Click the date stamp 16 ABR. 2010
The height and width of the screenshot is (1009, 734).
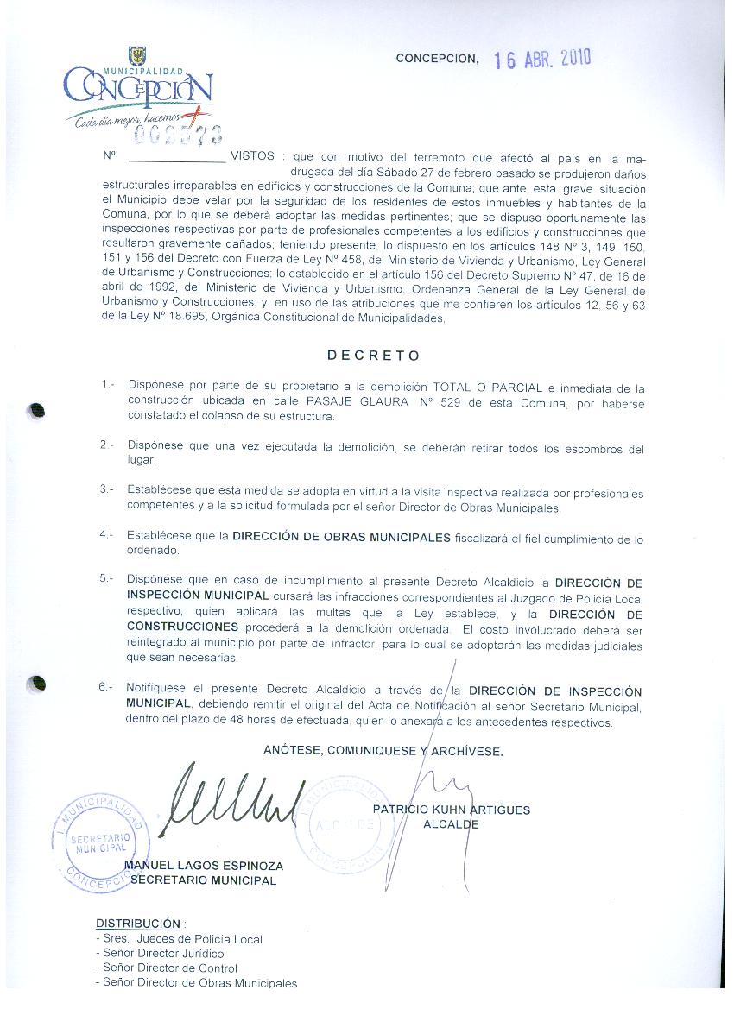(x=542, y=59)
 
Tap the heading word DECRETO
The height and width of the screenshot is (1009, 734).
(x=374, y=355)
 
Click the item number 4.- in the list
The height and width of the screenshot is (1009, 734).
(x=106, y=535)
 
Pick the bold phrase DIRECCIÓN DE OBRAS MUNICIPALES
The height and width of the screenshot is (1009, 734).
(x=341, y=537)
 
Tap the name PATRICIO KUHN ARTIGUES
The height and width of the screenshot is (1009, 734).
(x=452, y=810)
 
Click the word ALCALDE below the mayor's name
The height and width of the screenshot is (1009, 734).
(x=451, y=824)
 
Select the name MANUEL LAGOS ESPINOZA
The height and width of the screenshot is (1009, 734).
(x=204, y=866)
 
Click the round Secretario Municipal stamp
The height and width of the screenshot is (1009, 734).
(x=98, y=842)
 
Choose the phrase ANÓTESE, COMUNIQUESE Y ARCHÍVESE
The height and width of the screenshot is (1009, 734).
(x=383, y=751)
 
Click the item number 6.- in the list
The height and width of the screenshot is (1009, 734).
(x=106, y=687)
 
